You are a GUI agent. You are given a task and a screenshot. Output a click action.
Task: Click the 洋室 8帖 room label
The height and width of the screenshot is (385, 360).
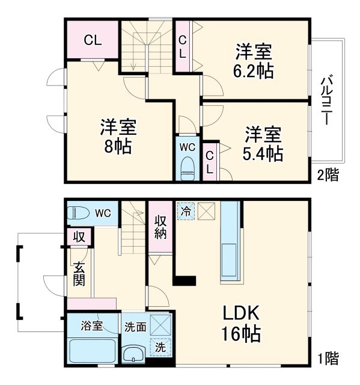(118, 137)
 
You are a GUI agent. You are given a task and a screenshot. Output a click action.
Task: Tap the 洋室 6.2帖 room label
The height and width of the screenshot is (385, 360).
(254, 61)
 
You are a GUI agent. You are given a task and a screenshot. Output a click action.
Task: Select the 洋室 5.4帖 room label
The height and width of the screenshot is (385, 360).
(263, 143)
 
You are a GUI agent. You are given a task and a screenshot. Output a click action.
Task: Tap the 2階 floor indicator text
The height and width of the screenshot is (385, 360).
(328, 175)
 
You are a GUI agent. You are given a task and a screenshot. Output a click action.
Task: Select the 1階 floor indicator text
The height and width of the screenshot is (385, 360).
(328, 359)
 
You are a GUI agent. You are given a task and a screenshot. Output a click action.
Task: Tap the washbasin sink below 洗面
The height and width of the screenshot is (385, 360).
(133, 355)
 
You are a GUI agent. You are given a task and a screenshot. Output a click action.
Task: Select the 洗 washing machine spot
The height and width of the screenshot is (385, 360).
(160, 348)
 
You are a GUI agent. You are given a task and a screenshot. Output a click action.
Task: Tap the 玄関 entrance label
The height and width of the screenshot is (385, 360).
(79, 274)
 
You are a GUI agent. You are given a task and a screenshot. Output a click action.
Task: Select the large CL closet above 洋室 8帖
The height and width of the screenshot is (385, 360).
(93, 40)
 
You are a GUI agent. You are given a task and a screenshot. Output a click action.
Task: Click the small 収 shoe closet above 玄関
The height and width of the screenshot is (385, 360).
(79, 236)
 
